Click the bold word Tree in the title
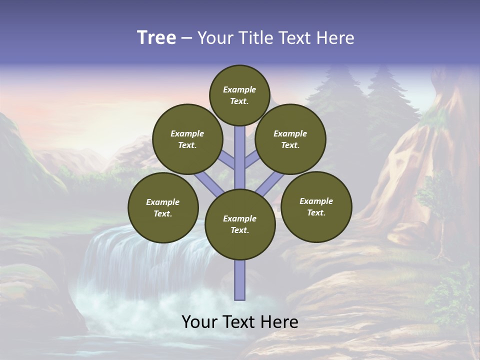pos(156,37)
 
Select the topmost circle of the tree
pos(239,95)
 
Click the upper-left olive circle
pos(187,139)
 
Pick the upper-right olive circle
pos(290,139)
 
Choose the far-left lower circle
pos(163,207)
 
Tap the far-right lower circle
pos(316,206)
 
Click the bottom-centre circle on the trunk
pos(240,224)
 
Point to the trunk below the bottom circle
pos(240,280)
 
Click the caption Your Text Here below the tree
pos(240,322)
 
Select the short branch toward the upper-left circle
pos(227,159)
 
